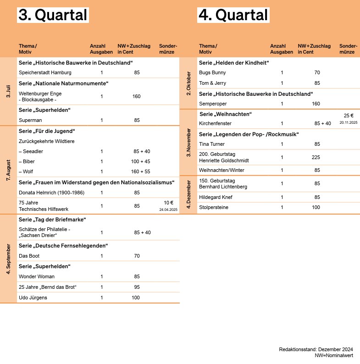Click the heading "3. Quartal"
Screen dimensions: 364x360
coord(53,15)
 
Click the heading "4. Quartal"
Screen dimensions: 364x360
coord(233,15)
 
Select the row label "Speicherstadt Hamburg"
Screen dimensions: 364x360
coord(45,72)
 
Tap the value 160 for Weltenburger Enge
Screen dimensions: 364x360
coord(137,96)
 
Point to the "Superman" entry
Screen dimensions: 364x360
coord(30,120)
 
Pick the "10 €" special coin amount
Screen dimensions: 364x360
coord(168,203)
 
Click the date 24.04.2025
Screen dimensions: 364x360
coord(168,210)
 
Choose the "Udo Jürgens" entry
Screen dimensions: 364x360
coord(33,298)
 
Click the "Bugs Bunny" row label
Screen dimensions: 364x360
coord(213,72)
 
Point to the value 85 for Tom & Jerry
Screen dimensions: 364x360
coord(317,83)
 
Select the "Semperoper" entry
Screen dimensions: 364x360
coord(213,104)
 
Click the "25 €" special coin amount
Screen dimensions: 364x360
coord(349,116)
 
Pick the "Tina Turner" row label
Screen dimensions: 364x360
coord(212,144)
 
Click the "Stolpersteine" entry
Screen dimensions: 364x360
coord(214,207)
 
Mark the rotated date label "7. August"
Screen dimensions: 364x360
coord(8,170)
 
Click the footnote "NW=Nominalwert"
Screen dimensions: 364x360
coord(333,355)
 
